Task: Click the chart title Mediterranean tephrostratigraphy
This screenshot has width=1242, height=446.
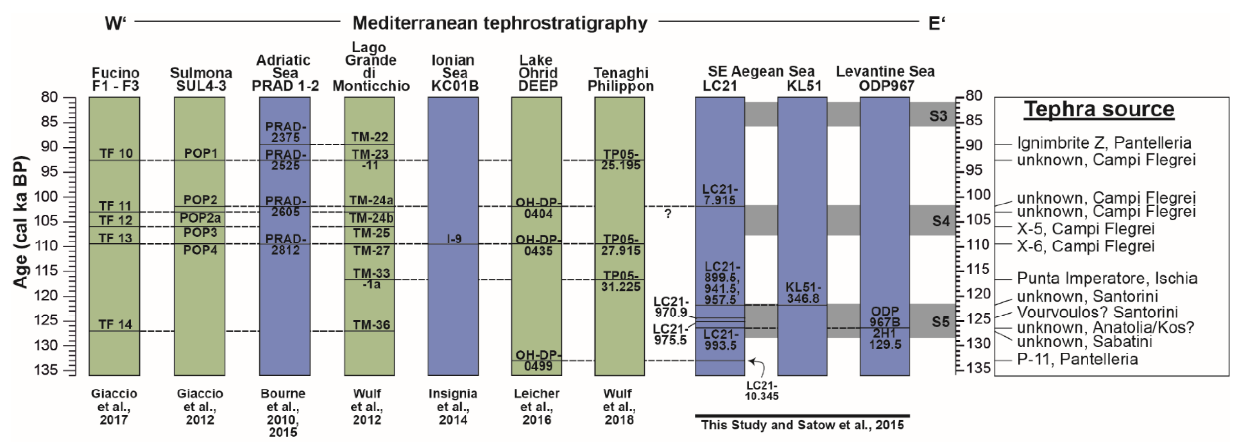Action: [500, 23]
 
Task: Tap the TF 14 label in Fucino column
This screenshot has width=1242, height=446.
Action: [115, 324]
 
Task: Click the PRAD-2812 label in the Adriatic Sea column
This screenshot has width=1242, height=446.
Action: [286, 244]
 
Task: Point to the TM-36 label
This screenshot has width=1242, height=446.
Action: [370, 325]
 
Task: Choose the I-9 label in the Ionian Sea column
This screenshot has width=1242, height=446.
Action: [454, 239]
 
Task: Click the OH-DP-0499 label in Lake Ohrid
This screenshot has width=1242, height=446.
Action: [538, 360]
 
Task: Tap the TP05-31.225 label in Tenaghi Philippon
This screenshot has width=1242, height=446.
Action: [621, 281]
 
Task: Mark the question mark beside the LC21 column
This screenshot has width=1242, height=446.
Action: [668, 214]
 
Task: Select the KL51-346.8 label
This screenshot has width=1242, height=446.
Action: [803, 293]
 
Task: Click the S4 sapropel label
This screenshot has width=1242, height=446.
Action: [940, 221]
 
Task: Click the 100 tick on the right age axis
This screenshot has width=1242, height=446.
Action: [978, 195]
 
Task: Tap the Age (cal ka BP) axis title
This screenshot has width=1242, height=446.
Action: [20, 222]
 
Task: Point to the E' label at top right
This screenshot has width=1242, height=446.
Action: [936, 23]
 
